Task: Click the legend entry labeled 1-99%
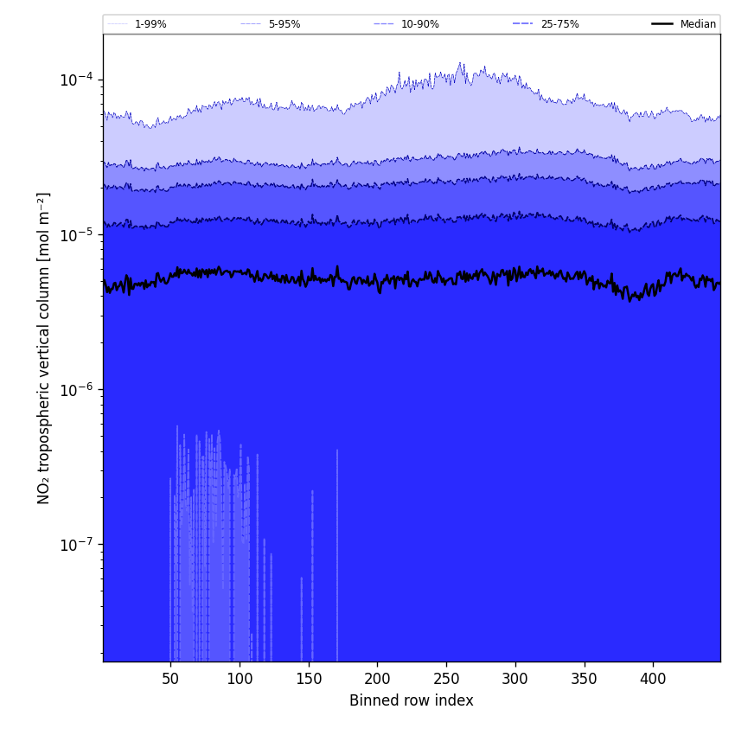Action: [150, 24]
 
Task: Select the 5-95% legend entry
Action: [284, 24]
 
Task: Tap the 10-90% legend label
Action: [419, 24]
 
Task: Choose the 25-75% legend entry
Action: [559, 24]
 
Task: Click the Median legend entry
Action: [698, 24]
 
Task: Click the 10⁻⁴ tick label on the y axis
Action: [76, 80]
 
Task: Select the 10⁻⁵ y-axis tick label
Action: [76, 235]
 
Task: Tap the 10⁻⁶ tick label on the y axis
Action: [76, 390]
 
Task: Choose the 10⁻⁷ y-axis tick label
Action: [76, 545]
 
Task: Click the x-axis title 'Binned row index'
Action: [412, 700]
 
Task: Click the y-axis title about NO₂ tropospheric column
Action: [44, 348]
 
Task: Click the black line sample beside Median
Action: [662, 24]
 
